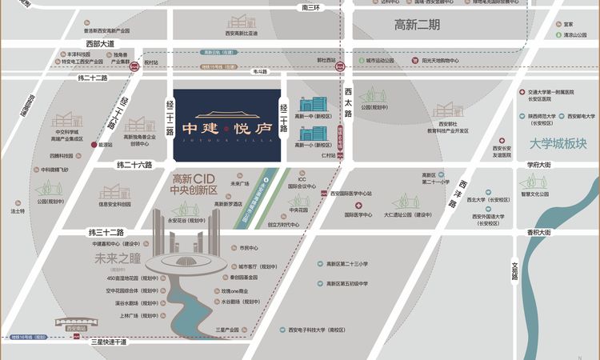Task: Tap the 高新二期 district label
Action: (x=417, y=25)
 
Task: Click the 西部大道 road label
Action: (x=101, y=43)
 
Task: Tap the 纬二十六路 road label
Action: (x=134, y=165)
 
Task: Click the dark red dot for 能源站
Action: (x=93, y=146)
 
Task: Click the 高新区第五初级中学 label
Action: (x=347, y=283)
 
